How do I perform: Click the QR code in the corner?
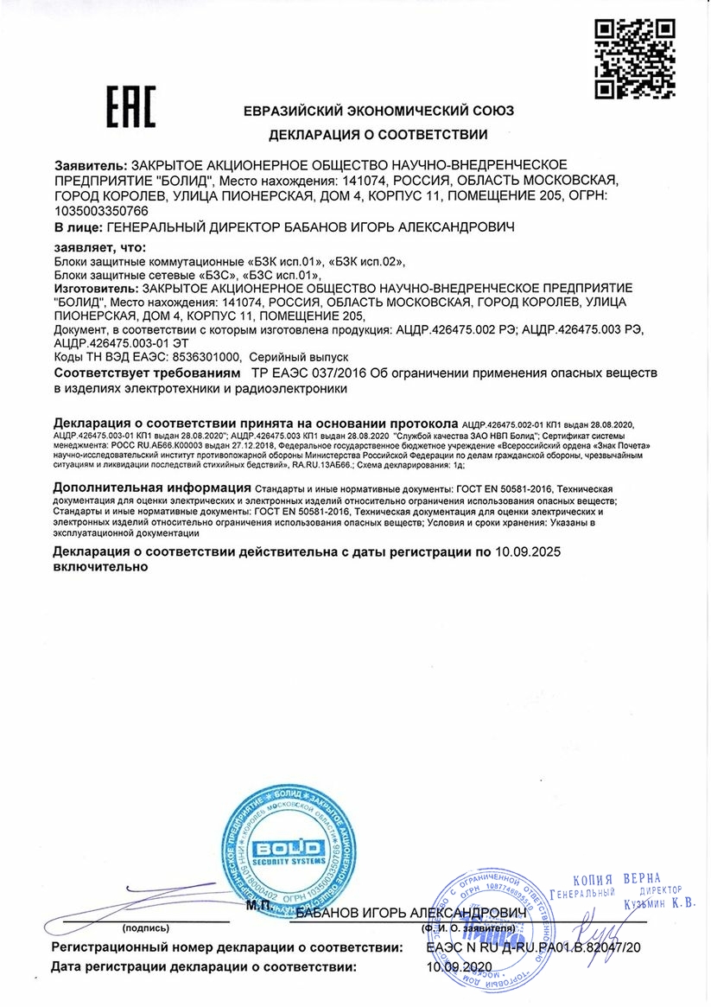click(637, 57)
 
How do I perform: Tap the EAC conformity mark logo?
click(130, 107)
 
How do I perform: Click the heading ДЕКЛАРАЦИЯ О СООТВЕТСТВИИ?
click(378, 134)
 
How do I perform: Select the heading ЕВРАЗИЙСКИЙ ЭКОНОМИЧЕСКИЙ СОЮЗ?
click(378, 112)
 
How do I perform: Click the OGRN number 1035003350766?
click(101, 210)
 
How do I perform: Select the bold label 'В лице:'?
click(77, 227)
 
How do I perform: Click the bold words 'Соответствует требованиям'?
click(146, 373)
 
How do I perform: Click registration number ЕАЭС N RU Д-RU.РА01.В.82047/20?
click(534, 947)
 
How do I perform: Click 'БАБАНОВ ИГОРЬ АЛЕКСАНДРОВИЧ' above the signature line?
click(410, 913)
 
